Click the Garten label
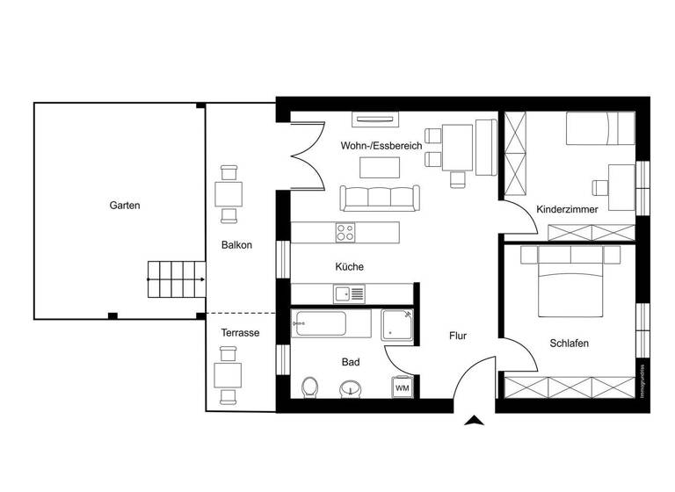(x=125, y=206)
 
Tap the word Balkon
(x=236, y=245)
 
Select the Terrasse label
(x=240, y=333)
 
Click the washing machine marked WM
(x=402, y=387)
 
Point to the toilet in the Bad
(x=310, y=387)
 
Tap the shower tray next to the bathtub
(x=396, y=324)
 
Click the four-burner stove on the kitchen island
(x=345, y=233)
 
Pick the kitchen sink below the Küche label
(x=342, y=293)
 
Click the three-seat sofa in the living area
(x=378, y=198)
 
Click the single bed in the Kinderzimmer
(x=599, y=130)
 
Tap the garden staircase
(x=176, y=279)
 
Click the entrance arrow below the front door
(x=475, y=422)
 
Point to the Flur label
(x=457, y=336)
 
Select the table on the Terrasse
(x=229, y=375)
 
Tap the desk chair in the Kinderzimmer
(x=601, y=186)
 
